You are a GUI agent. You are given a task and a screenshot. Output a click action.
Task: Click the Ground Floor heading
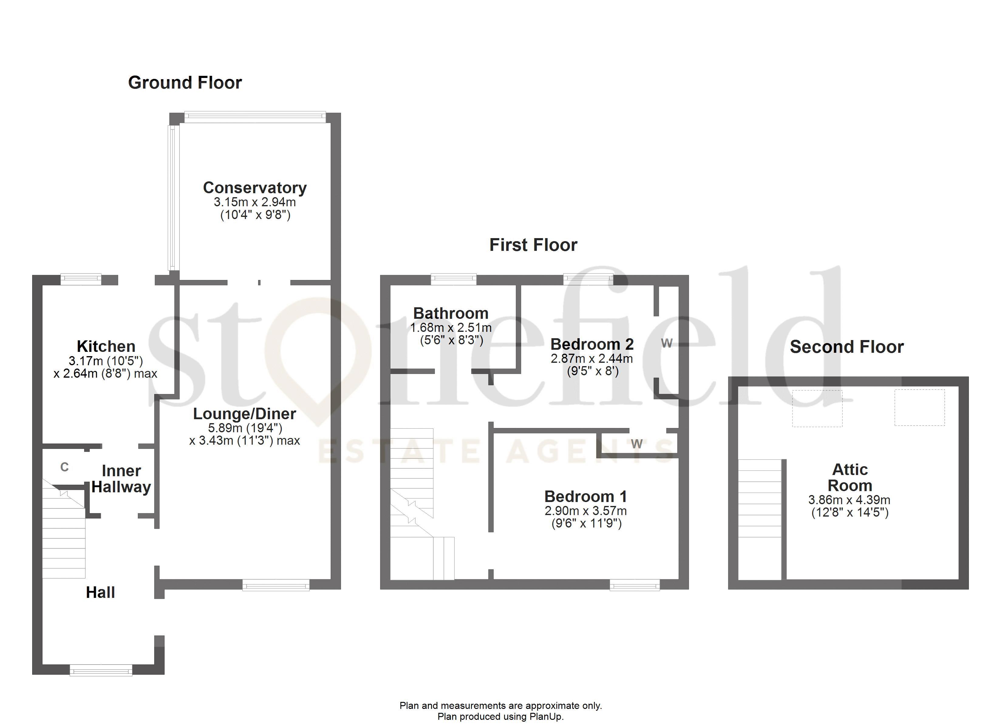point(185,83)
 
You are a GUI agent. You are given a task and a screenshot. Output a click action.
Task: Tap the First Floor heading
point(533,245)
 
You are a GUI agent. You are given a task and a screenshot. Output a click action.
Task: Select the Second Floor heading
point(847,347)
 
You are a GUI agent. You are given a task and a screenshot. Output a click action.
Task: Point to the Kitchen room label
point(106,346)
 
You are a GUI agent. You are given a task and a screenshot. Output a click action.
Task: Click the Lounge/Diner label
point(244,414)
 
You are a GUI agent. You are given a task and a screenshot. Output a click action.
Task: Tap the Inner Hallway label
point(121,479)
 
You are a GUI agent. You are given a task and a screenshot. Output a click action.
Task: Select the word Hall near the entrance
point(100,592)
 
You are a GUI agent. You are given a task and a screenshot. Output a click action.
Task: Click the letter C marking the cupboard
point(64,467)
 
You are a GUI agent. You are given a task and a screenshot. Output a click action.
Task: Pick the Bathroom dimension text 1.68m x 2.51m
point(451,328)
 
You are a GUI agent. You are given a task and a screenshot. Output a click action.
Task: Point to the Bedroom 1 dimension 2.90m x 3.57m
point(585,511)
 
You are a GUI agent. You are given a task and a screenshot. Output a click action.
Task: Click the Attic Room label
point(850,477)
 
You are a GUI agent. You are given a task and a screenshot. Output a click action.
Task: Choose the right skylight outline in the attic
point(919,407)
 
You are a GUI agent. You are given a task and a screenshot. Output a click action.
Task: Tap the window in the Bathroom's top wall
point(453,278)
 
